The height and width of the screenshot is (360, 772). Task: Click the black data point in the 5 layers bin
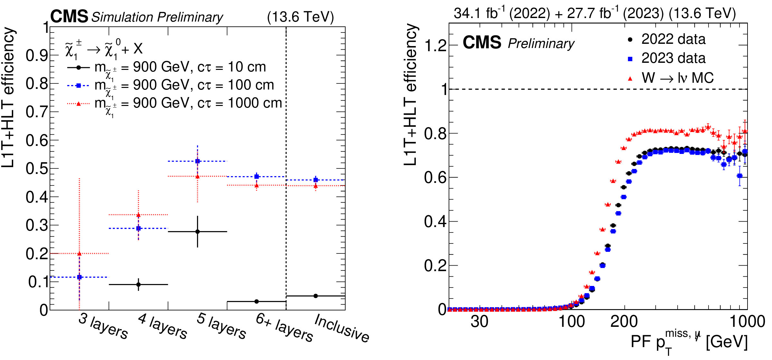coord(197,232)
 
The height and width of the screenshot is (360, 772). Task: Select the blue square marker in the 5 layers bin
coord(197,161)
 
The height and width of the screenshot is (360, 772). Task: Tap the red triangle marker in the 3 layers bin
coord(79,254)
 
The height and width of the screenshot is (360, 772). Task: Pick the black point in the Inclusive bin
coord(316,296)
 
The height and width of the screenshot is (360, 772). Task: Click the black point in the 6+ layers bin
coord(256,301)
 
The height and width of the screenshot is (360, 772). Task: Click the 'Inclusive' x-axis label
coord(342,328)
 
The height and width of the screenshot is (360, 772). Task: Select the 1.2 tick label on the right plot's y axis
coord(435,46)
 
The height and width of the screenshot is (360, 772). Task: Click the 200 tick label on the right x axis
coord(624,322)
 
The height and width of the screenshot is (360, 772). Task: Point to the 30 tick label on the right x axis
coord(479,322)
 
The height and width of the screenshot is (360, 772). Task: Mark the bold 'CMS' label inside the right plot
coord(482,43)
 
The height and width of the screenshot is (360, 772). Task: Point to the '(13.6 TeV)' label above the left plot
coord(300,17)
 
